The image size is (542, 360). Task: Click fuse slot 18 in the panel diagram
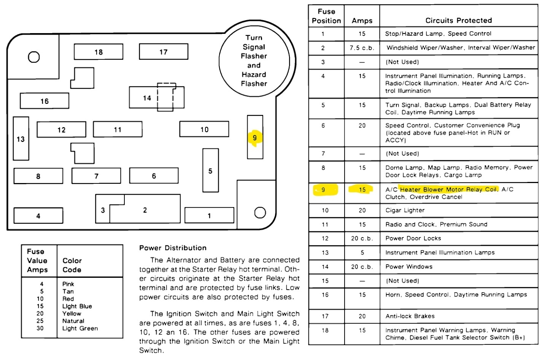tap(99, 52)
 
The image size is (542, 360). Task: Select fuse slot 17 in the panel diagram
tap(164, 52)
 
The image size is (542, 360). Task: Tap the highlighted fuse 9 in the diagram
tap(255, 137)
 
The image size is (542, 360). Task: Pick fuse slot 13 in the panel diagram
tap(21, 139)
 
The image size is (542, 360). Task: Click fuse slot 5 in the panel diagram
tap(210, 170)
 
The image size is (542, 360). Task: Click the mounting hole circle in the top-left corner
tap(34, 57)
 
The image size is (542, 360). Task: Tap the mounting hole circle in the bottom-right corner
tap(260, 212)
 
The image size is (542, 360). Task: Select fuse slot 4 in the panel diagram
tap(38, 215)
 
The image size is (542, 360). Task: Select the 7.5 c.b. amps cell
tap(362, 48)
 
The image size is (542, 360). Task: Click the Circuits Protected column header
tap(458, 21)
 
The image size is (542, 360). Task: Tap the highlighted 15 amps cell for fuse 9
tap(362, 190)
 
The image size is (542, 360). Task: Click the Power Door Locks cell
tap(413, 239)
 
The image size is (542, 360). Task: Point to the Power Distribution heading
tap(173, 248)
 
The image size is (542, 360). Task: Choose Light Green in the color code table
tap(80, 328)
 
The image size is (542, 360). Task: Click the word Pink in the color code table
tap(68, 284)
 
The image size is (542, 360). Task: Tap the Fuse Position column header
tap(326, 16)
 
